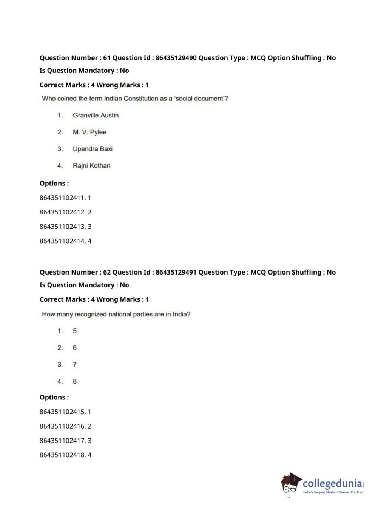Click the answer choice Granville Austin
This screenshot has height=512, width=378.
coord(96,115)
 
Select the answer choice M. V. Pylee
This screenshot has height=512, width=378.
coord(89,132)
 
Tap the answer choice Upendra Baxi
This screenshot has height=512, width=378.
coord(93,149)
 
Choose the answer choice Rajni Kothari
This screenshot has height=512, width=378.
coord(91,166)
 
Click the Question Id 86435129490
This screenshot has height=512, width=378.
coord(176,58)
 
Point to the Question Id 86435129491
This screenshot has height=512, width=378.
coord(176,272)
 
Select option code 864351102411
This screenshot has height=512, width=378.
coord(62,198)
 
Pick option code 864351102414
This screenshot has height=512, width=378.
coord(62,241)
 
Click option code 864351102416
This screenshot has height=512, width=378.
coord(62,426)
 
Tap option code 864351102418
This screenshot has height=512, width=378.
coord(62,455)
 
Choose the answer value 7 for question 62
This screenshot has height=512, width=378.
coord(75,365)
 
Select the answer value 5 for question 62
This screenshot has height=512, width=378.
coord(75,331)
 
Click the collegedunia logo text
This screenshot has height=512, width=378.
coord(332,483)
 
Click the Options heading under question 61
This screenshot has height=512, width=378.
coord(54,184)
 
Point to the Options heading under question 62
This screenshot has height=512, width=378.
coord(54,398)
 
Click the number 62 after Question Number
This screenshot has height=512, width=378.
coord(107,272)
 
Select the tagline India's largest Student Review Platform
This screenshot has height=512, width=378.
coord(333,492)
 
